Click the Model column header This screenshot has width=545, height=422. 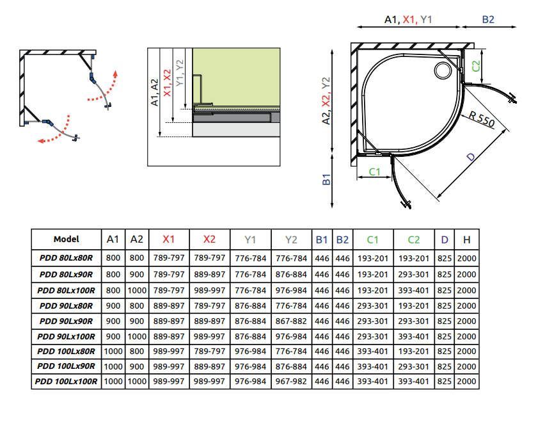[x=67, y=239]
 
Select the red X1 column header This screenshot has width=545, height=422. [x=169, y=239]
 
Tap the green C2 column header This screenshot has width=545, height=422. [x=414, y=239]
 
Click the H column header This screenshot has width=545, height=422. [x=467, y=239]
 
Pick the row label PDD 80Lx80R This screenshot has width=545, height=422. [x=67, y=257]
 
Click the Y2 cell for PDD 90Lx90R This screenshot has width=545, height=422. [x=292, y=320]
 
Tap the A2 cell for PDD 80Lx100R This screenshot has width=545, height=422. [x=137, y=289]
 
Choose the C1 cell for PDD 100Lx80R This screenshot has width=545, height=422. [x=373, y=351]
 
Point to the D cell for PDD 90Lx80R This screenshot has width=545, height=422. [x=444, y=305]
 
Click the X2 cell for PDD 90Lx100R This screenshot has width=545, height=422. [x=210, y=336]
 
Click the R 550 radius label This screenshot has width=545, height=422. [x=481, y=120]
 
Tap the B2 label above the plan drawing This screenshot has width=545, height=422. [x=488, y=20]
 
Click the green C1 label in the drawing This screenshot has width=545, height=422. [x=374, y=172]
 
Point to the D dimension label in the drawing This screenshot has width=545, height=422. [x=470, y=158]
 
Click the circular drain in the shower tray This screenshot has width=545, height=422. [x=443, y=70]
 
